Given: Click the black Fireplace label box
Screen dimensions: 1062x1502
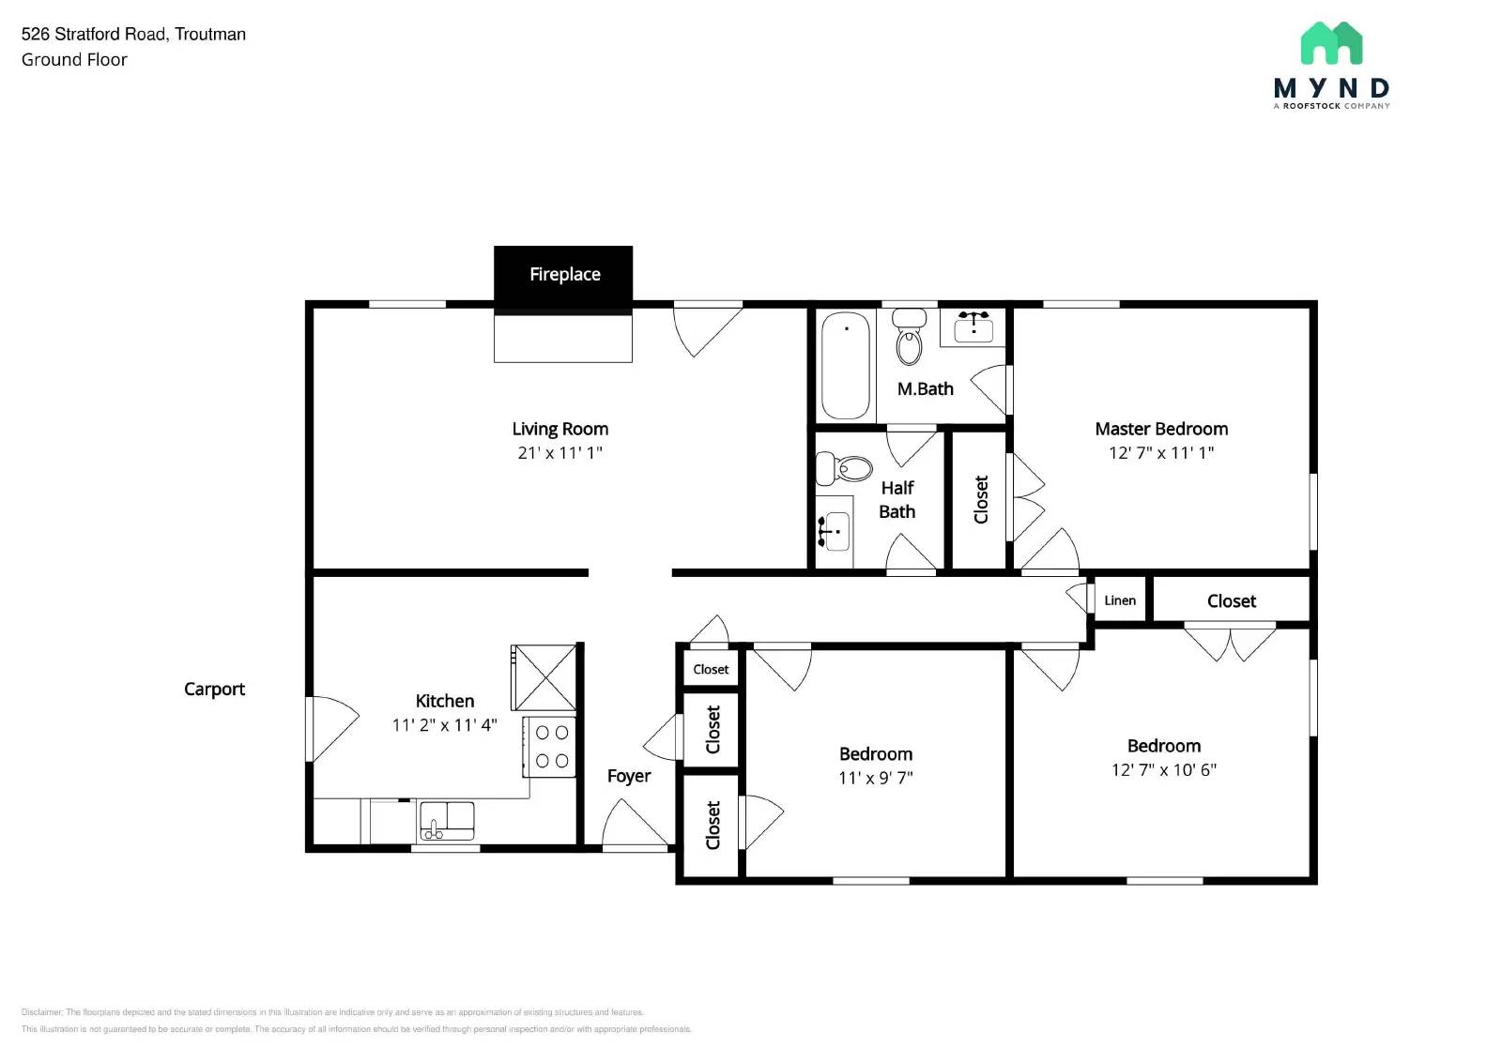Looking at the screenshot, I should [x=563, y=275].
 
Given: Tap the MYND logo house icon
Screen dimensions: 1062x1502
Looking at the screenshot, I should [x=1331, y=44].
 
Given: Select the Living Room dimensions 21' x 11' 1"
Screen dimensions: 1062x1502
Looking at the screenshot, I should [x=559, y=453].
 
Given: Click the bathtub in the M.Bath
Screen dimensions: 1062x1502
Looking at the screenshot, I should [x=845, y=365].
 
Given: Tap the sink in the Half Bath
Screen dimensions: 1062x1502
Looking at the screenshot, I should [x=835, y=532].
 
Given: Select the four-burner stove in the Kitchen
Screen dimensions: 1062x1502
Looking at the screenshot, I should [x=551, y=747].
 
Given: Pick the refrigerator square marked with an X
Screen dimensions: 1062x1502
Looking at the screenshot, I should [x=544, y=677].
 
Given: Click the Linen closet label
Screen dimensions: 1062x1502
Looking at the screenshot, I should [x=1120, y=600].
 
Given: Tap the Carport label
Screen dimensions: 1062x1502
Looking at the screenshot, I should [x=214, y=690].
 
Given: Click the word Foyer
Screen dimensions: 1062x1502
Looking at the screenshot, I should [x=629, y=777].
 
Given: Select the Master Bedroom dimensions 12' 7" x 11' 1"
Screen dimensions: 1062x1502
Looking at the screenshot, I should [x=1161, y=453].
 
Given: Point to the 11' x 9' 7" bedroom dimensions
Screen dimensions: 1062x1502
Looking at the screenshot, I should [x=875, y=778].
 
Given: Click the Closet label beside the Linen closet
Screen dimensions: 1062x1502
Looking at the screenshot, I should [x=1231, y=601].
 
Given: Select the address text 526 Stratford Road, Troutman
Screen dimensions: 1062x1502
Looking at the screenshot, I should [x=133, y=35].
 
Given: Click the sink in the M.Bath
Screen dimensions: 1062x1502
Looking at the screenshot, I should [x=973, y=328].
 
